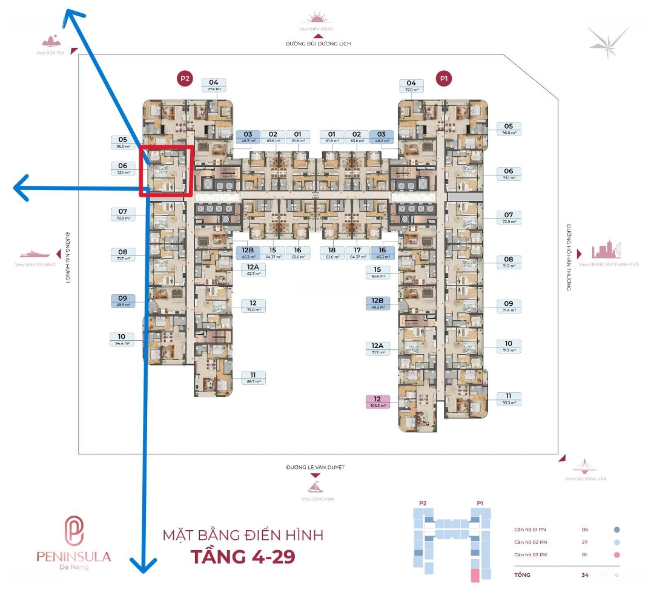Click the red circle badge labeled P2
pos(185,78)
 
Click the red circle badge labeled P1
pos(445,78)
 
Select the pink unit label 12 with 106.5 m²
pos(377,402)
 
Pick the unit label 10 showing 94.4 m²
pos(122,340)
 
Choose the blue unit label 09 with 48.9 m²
pos(122,301)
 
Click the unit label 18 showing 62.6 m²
pos(332,252)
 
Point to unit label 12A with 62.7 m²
pos(253,270)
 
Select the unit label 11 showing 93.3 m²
pos(509,399)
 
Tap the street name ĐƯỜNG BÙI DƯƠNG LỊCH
pos(319,44)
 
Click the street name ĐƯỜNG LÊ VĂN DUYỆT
pos(319,467)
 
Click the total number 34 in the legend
pos(584,575)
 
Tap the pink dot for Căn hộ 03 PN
pos(616,555)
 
